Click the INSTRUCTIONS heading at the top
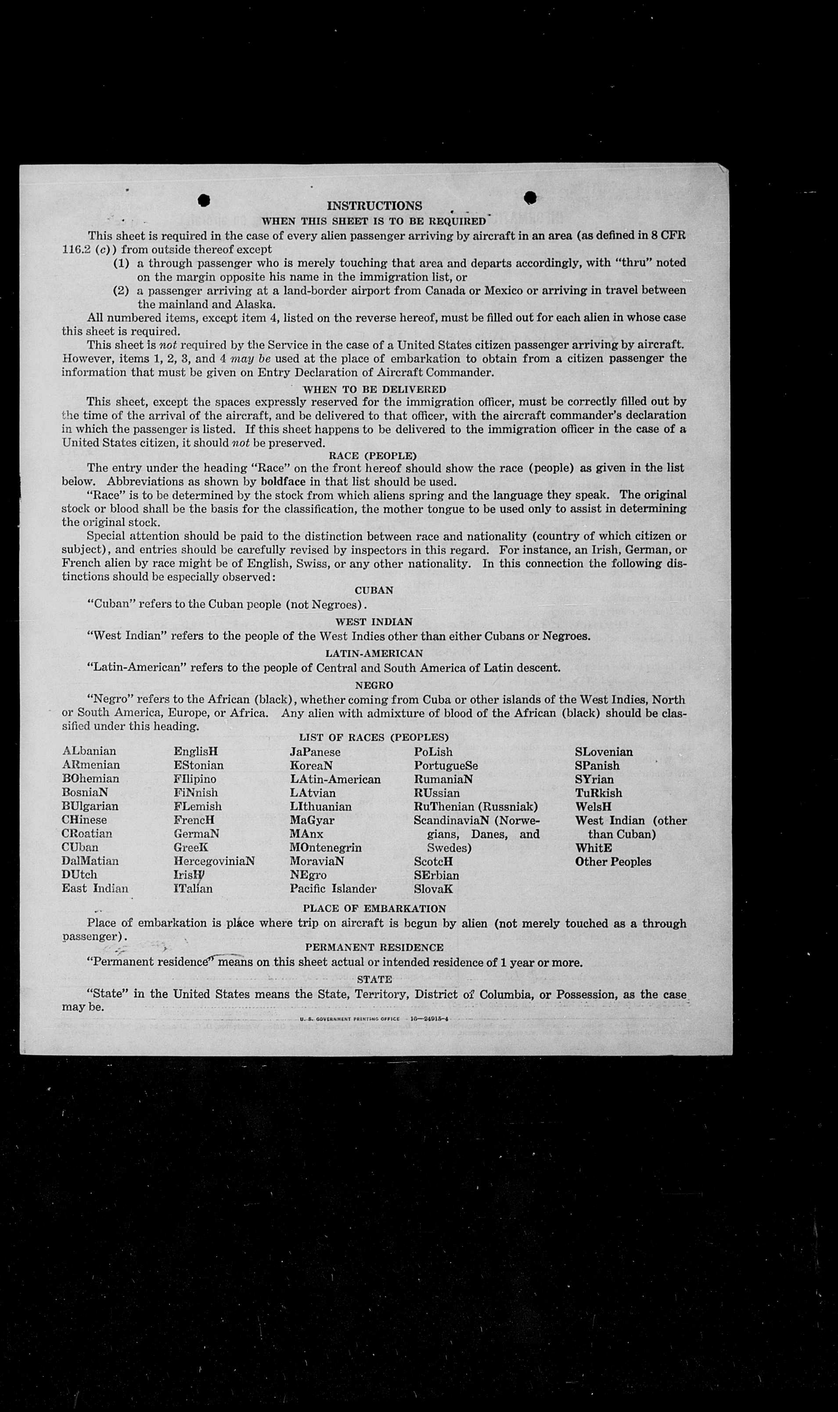tap(374, 205)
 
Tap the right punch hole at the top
tap(530, 197)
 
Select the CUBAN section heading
tap(374, 590)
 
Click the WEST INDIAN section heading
tap(374, 622)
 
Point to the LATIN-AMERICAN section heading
tap(374, 653)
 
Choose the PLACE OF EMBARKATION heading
tap(374, 909)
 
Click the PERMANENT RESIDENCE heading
tap(374, 947)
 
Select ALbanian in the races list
tap(89, 751)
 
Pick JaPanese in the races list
tap(315, 752)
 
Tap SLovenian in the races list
tap(604, 752)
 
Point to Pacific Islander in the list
tap(333, 889)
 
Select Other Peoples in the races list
tap(613, 862)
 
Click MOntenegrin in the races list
tap(325, 848)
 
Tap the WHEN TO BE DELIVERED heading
tap(374, 389)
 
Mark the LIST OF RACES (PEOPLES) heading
tap(374, 737)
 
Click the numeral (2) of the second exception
tap(122, 291)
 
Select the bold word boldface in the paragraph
tap(283, 482)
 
